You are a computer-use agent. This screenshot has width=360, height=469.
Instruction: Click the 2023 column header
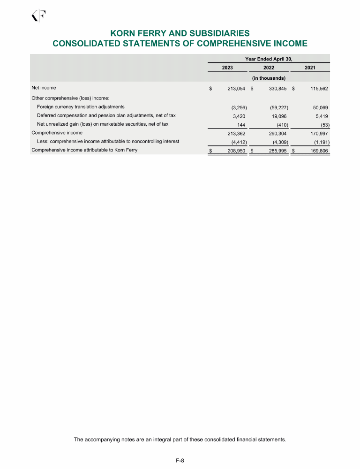pos(227,68)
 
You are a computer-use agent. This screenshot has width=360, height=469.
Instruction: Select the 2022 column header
pos(269,68)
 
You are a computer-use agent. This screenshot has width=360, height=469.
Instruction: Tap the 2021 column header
pos(310,68)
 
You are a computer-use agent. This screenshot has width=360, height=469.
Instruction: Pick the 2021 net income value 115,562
pos(317,88)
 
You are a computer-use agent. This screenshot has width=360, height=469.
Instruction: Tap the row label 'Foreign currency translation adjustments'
pos(81,107)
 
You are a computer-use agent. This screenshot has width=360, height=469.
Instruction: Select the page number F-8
pos(180,461)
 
